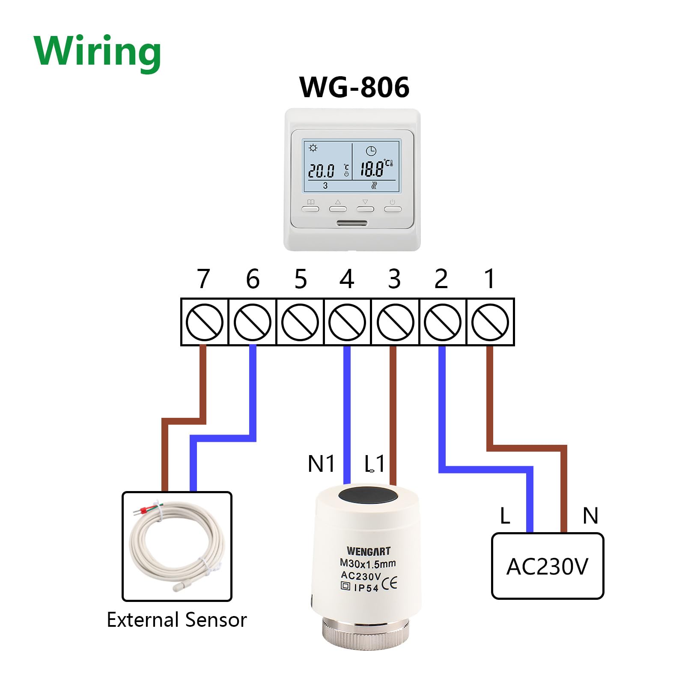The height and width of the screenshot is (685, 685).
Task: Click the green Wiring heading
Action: point(97,51)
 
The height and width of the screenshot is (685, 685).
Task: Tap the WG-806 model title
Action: point(354,87)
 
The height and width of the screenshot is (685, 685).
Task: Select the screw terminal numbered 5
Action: point(300,322)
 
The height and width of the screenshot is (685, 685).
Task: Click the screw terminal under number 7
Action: point(204,322)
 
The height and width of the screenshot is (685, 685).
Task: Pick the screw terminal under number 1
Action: point(490,322)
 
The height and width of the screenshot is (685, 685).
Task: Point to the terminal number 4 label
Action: point(347,279)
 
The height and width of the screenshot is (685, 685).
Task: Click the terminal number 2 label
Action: point(441,279)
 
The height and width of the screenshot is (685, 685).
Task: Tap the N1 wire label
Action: point(321,464)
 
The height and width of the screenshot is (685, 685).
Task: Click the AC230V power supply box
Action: point(547,566)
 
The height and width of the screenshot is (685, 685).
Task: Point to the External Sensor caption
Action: point(177,620)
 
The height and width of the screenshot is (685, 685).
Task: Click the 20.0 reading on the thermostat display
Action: point(321,171)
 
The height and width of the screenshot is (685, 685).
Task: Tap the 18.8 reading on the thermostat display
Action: point(371,169)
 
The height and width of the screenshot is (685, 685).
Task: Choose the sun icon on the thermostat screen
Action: point(313,148)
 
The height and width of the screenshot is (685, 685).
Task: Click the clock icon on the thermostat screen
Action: point(371,151)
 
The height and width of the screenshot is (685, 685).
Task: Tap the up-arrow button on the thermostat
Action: point(338,208)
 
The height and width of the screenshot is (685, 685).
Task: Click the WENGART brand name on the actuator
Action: point(368,551)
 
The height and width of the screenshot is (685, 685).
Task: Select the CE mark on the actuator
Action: point(389,584)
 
